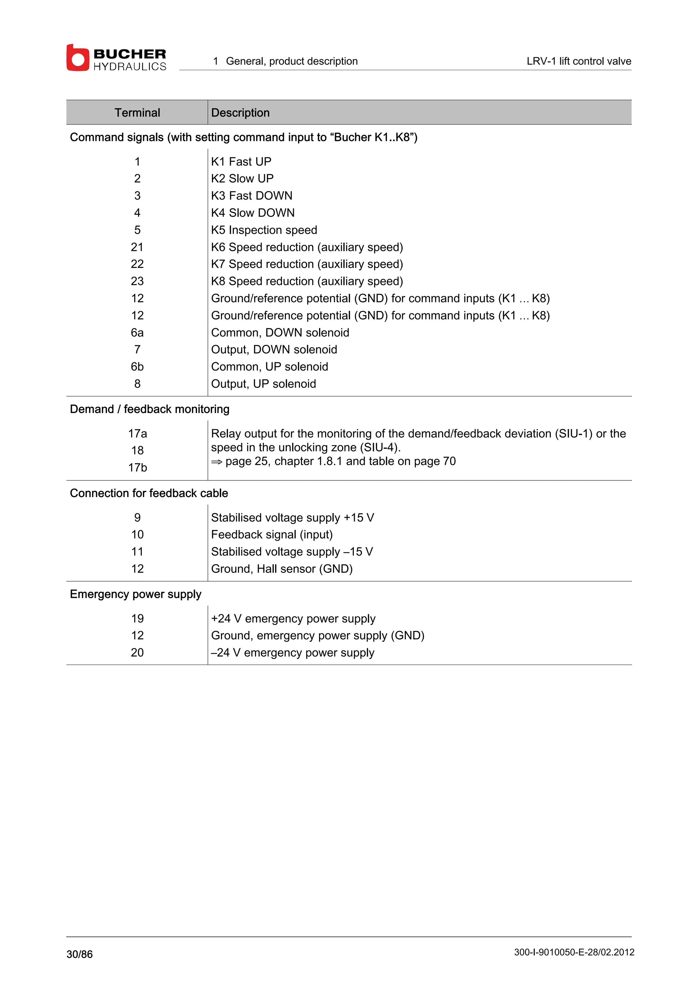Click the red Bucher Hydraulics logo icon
(x=77, y=58)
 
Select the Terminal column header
(x=137, y=112)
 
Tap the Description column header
(x=240, y=112)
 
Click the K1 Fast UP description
(x=241, y=161)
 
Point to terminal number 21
(x=137, y=247)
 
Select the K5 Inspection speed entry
(x=264, y=230)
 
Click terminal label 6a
(x=137, y=332)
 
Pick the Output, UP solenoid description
(x=263, y=383)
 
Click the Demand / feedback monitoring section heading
(x=150, y=409)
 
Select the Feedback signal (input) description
(x=272, y=534)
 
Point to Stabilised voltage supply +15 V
(x=292, y=518)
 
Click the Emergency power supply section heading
(x=135, y=594)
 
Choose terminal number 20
(x=137, y=652)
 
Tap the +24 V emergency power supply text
(x=293, y=618)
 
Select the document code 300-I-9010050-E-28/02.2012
(x=574, y=952)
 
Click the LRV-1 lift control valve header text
(x=578, y=61)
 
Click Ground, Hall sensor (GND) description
(x=282, y=569)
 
